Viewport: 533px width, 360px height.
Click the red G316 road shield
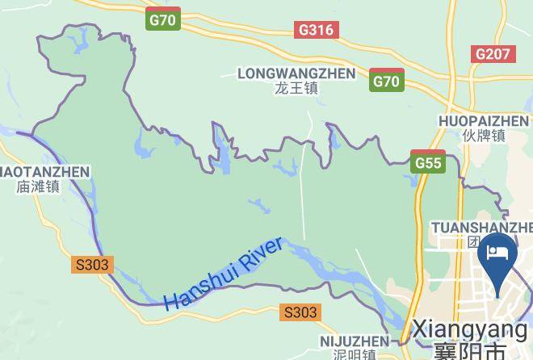click(x=316, y=30)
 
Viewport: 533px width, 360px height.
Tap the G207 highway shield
click(x=493, y=54)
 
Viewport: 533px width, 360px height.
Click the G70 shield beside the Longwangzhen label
click(x=387, y=81)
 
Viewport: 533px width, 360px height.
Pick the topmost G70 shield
click(x=163, y=20)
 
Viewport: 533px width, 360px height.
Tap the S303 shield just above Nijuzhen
click(x=300, y=312)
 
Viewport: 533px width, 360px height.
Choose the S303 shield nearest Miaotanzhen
click(x=92, y=264)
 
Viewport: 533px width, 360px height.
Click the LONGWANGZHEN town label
click(x=296, y=73)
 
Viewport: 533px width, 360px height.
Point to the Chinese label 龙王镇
click(x=296, y=88)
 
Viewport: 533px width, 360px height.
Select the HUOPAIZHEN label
click(x=484, y=121)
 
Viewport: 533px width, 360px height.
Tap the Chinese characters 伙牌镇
click(x=484, y=136)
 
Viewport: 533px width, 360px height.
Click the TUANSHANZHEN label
click(x=481, y=227)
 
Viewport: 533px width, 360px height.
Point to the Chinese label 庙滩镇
click(x=38, y=186)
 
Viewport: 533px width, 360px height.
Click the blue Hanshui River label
click(x=224, y=274)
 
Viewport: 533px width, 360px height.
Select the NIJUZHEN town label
click(x=354, y=341)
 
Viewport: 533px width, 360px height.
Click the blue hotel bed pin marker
click(x=497, y=257)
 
